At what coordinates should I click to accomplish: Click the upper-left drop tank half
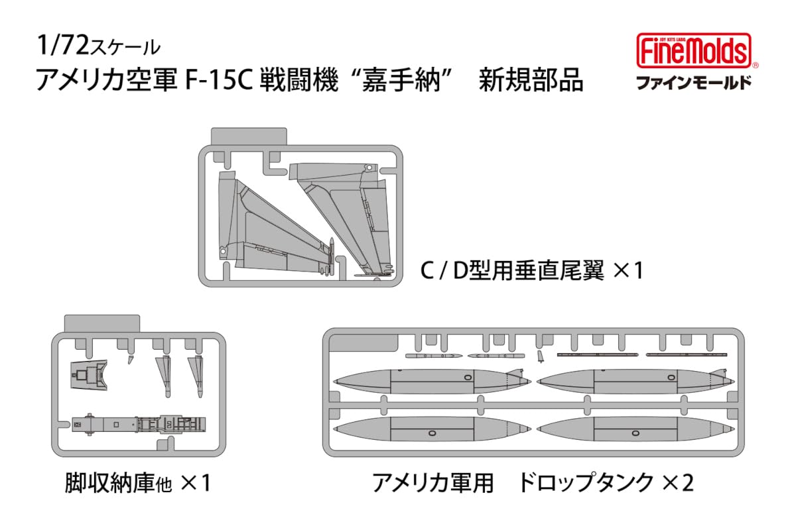pos(425,381)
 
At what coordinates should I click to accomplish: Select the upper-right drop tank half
pos(630,381)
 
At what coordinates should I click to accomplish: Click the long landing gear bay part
pos(139,423)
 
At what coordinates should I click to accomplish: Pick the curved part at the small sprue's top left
pos(90,374)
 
